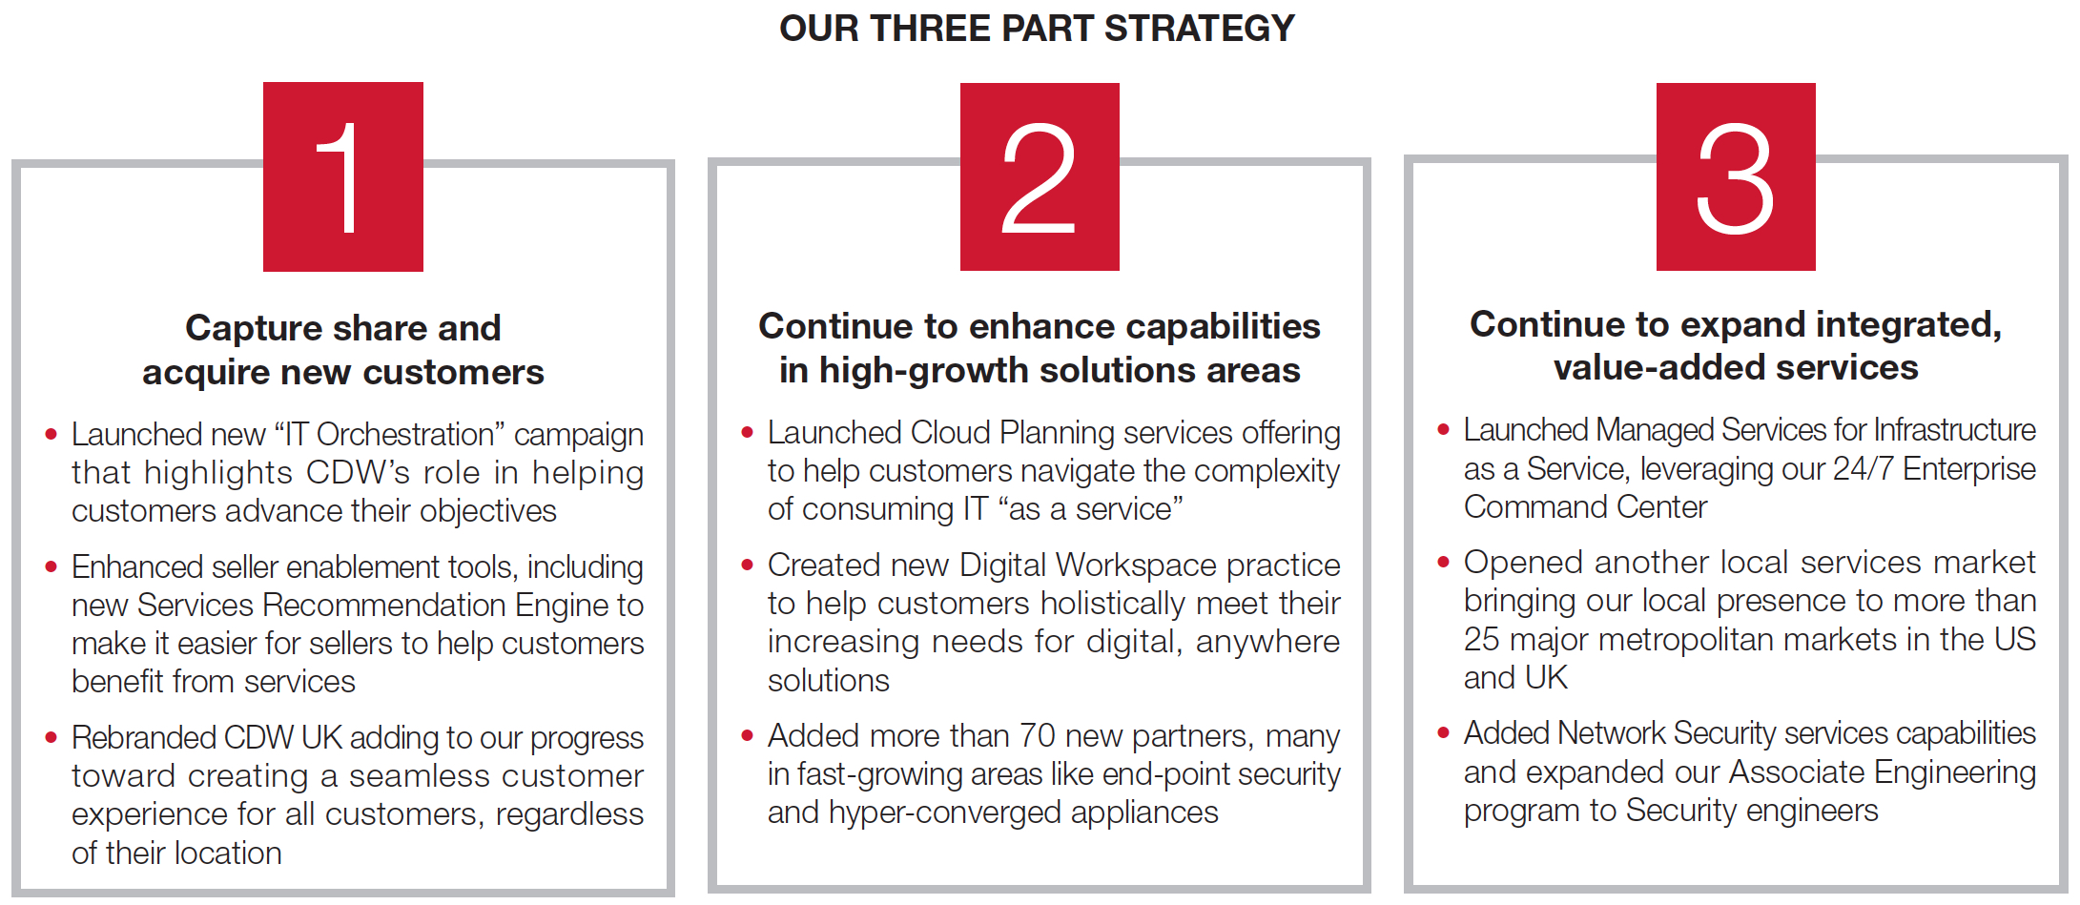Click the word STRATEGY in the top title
1199,29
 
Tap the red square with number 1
343,176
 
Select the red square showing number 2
1040,176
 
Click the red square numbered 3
1736,176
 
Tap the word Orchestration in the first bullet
405,434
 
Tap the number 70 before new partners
1037,736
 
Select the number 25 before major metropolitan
1482,640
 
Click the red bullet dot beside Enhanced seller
51,567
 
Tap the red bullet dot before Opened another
1443,563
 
